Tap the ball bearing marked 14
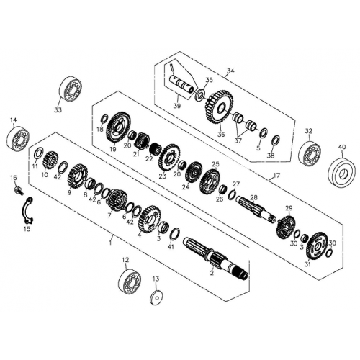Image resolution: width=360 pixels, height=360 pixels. (x=17, y=138)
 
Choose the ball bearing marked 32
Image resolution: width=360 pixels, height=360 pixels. (x=310, y=153)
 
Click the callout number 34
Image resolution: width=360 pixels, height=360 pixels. (x=230, y=71)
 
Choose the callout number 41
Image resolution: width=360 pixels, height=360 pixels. (x=171, y=247)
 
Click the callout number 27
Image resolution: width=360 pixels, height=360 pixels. (x=236, y=184)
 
